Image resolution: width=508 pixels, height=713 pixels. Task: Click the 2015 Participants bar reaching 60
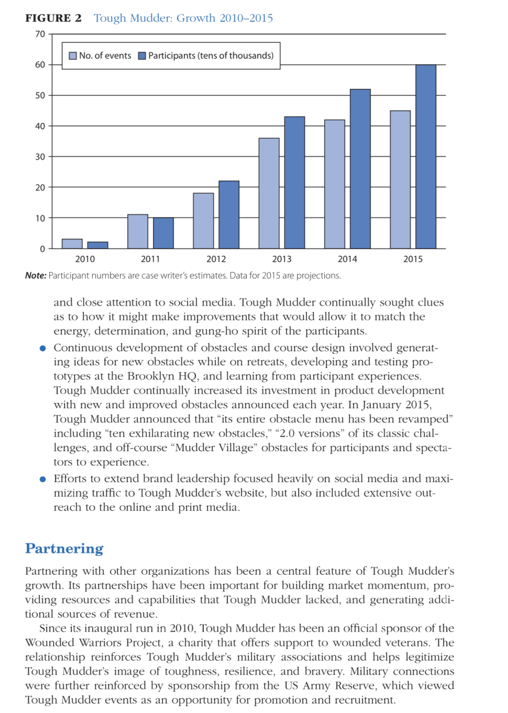pos(426,157)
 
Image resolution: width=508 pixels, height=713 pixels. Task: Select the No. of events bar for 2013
pos(269,193)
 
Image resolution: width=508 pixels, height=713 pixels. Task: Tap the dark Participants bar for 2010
pos(97,245)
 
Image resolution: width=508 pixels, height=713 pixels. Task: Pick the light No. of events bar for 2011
pos(138,231)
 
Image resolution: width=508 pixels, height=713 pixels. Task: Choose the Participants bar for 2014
pos(360,169)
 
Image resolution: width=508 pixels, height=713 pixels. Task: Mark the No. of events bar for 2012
pos(203,220)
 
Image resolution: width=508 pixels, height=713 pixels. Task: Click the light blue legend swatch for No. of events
pos(73,55)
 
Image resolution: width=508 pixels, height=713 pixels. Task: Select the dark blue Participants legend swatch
pos(142,55)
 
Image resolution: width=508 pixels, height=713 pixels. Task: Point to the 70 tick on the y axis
pos(40,34)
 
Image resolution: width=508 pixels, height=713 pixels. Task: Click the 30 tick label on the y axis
pos(40,157)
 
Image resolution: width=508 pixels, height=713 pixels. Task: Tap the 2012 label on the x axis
pos(216,259)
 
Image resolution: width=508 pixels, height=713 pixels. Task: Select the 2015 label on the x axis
pos(413,259)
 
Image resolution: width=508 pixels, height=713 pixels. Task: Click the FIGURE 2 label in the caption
pos(53,18)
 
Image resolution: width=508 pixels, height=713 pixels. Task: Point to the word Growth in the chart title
pos(196,18)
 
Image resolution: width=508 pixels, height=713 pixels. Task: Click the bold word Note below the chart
pos(36,275)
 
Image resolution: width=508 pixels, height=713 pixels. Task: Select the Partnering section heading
pos(64,548)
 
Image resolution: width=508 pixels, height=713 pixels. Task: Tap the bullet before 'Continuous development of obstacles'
pos(43,348)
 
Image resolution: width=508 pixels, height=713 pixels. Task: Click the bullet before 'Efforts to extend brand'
pos(43,479)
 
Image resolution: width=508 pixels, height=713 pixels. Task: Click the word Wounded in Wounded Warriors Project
pos(50,642)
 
